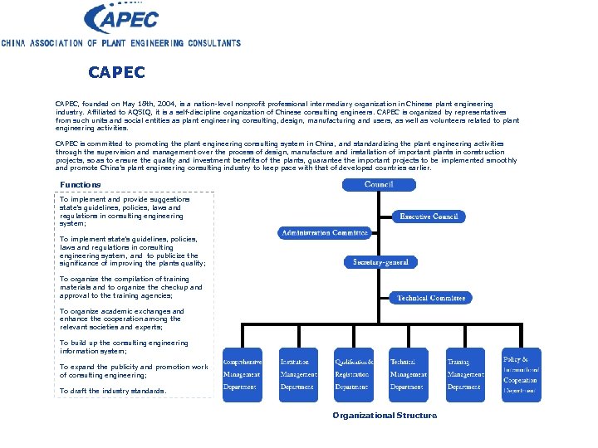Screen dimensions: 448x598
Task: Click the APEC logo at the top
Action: coord(123,17)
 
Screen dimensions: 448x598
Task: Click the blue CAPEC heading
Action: coord(116,73)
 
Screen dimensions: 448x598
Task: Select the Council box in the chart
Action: coord(379,183)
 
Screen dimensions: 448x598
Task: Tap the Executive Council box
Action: coord(429,216)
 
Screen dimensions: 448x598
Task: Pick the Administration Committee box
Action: coord(324,233)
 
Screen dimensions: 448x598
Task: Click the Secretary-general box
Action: coord(380,262)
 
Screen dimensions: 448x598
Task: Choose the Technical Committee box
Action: coord(430,297)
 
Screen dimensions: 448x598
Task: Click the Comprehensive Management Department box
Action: coord(242,374)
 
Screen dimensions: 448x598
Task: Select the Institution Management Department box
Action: coord(298,374)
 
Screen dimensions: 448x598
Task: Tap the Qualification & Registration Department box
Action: coord(354,374)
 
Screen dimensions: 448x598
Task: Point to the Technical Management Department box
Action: coord(409,374)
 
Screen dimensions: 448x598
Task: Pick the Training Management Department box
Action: coord(465,374)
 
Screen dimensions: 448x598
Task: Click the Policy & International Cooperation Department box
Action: coord(521,374)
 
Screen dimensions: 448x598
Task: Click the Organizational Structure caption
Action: coord(384,415)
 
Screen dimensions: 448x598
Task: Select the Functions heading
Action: coord(81,184)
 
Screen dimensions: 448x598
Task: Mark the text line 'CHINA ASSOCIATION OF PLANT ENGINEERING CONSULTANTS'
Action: coord(120,43)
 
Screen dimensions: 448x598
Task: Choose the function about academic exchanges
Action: coord(121,319)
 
